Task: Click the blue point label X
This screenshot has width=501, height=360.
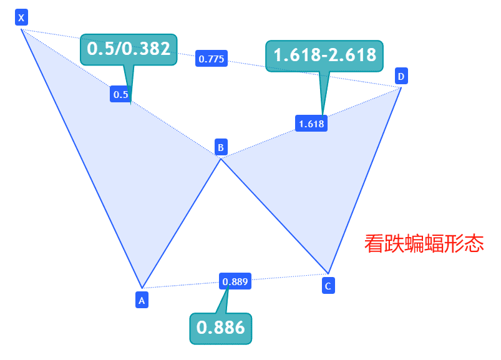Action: click(x=21, y=17)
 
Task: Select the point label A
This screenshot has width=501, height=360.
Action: click(x=142, y=300)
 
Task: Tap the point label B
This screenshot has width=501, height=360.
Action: click(x=220, y=147)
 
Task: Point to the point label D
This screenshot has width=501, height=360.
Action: click(x=401, y=77)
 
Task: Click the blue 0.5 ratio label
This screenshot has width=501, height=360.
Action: click(x=120, y=95)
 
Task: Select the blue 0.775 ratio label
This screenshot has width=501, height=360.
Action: click(x=212, y=59)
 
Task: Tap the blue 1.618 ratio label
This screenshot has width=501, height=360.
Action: click(x=311, y=124)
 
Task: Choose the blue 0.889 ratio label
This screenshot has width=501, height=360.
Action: click(x=235, y=281)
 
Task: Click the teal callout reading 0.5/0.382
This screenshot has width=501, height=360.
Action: click(x=129, y=49)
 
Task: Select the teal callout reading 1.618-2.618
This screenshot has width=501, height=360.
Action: click(x=324, y=56)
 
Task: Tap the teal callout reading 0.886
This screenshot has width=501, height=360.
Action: click(x=220, y=328)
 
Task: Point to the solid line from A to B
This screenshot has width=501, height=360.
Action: click(x=181, y=223)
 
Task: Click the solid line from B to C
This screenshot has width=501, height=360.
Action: click(x=275, y=216)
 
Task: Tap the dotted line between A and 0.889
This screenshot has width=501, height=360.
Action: click(x=181, y=285)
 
